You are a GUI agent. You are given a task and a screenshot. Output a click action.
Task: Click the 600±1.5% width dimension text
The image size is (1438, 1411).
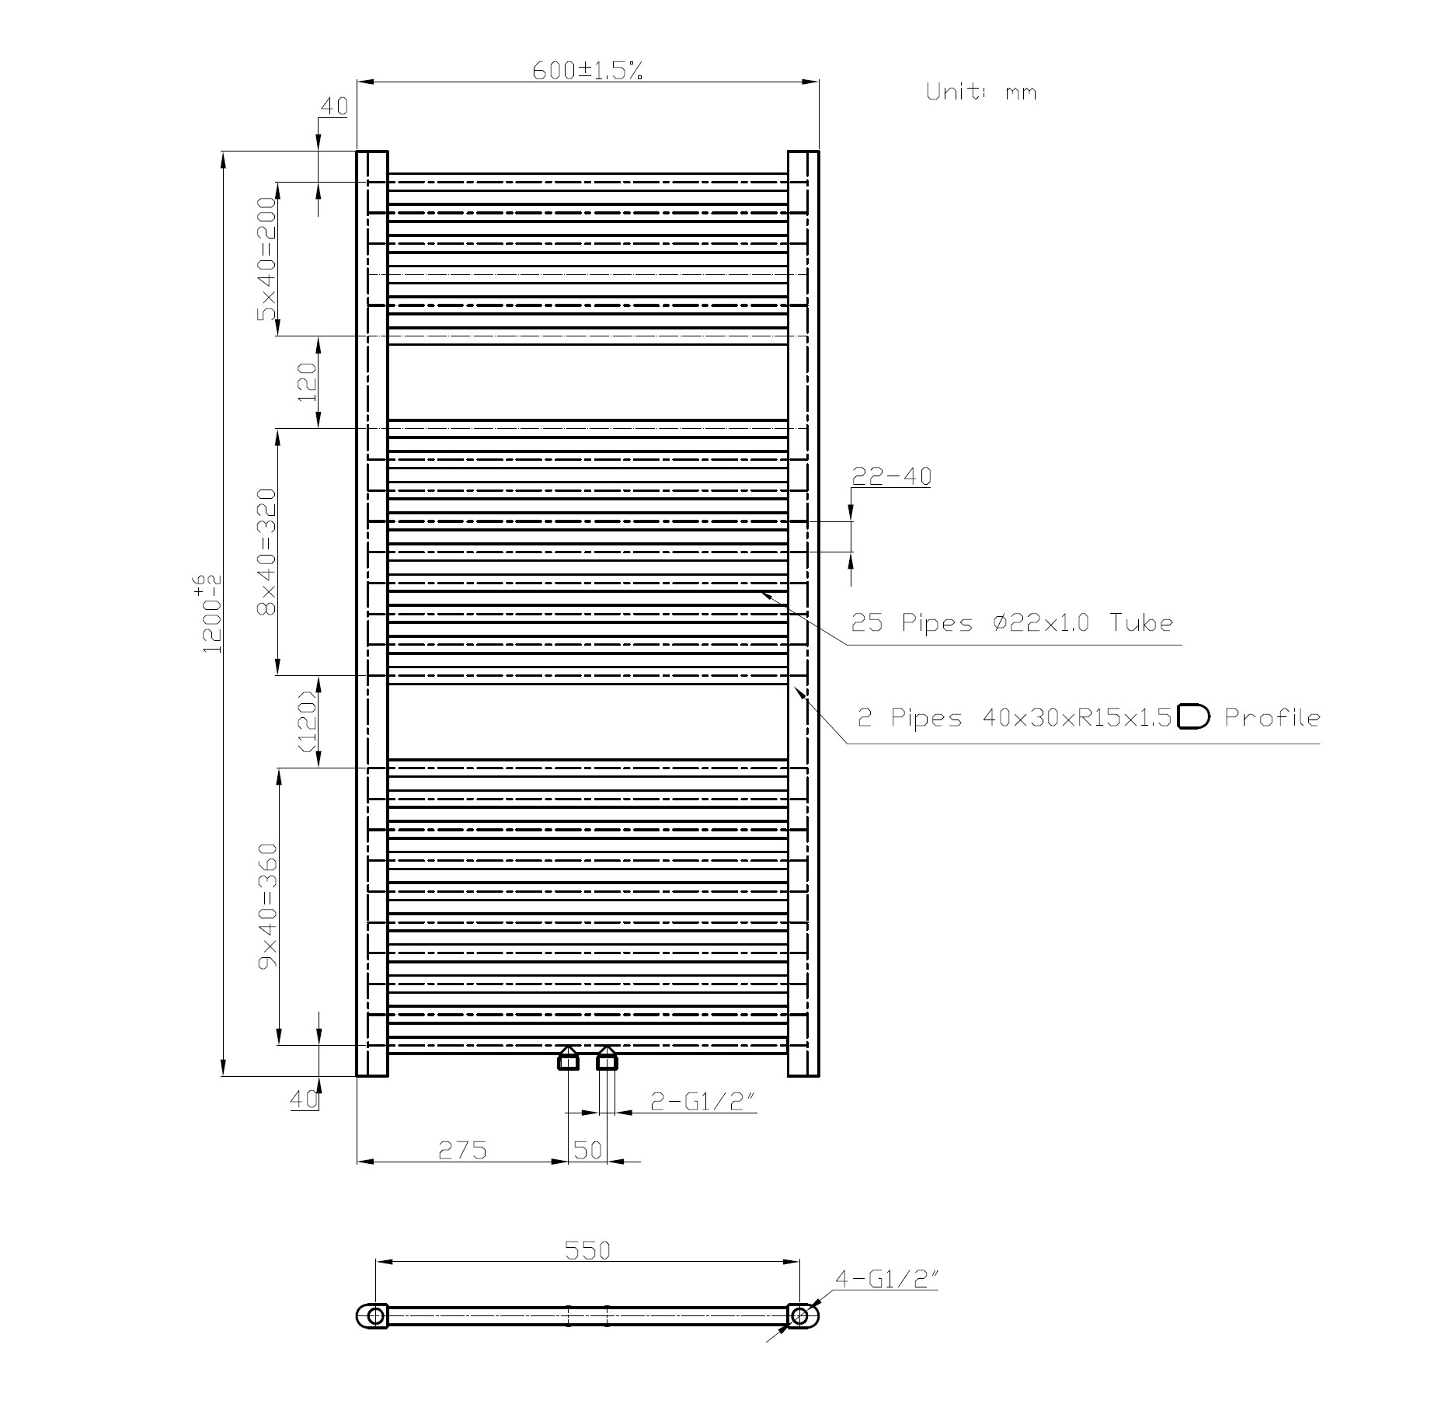(x=587, y=71)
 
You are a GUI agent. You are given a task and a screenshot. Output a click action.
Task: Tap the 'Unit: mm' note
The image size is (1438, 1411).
(x=980, y=92)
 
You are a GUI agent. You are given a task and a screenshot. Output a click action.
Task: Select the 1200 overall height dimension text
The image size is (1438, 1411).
(x=211, y=613)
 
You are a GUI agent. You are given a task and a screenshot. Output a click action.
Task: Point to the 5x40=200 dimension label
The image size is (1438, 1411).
(x=267, y=258)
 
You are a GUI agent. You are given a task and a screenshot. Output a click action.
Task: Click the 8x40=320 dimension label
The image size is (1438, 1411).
(x=267, y=551)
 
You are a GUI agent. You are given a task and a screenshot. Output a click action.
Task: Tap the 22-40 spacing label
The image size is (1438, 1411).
(x=891, y=476)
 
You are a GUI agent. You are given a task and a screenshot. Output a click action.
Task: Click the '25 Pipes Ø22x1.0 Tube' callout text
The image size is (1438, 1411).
(x=1011, y=622)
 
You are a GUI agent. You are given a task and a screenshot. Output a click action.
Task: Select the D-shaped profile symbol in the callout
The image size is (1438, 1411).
(x=1193, y=716)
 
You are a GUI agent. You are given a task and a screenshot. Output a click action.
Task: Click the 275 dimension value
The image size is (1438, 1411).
(x=462, y=1149)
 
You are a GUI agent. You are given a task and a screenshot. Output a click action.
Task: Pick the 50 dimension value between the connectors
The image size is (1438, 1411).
(x=588, y=1149)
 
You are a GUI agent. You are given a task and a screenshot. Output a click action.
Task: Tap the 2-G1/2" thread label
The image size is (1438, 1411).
(x=702, y=1101)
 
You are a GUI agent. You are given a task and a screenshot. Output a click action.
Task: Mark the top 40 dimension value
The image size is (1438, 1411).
(x=334, y=106)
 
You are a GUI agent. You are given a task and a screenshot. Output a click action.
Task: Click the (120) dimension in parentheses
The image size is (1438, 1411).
(x=308, y=722)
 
